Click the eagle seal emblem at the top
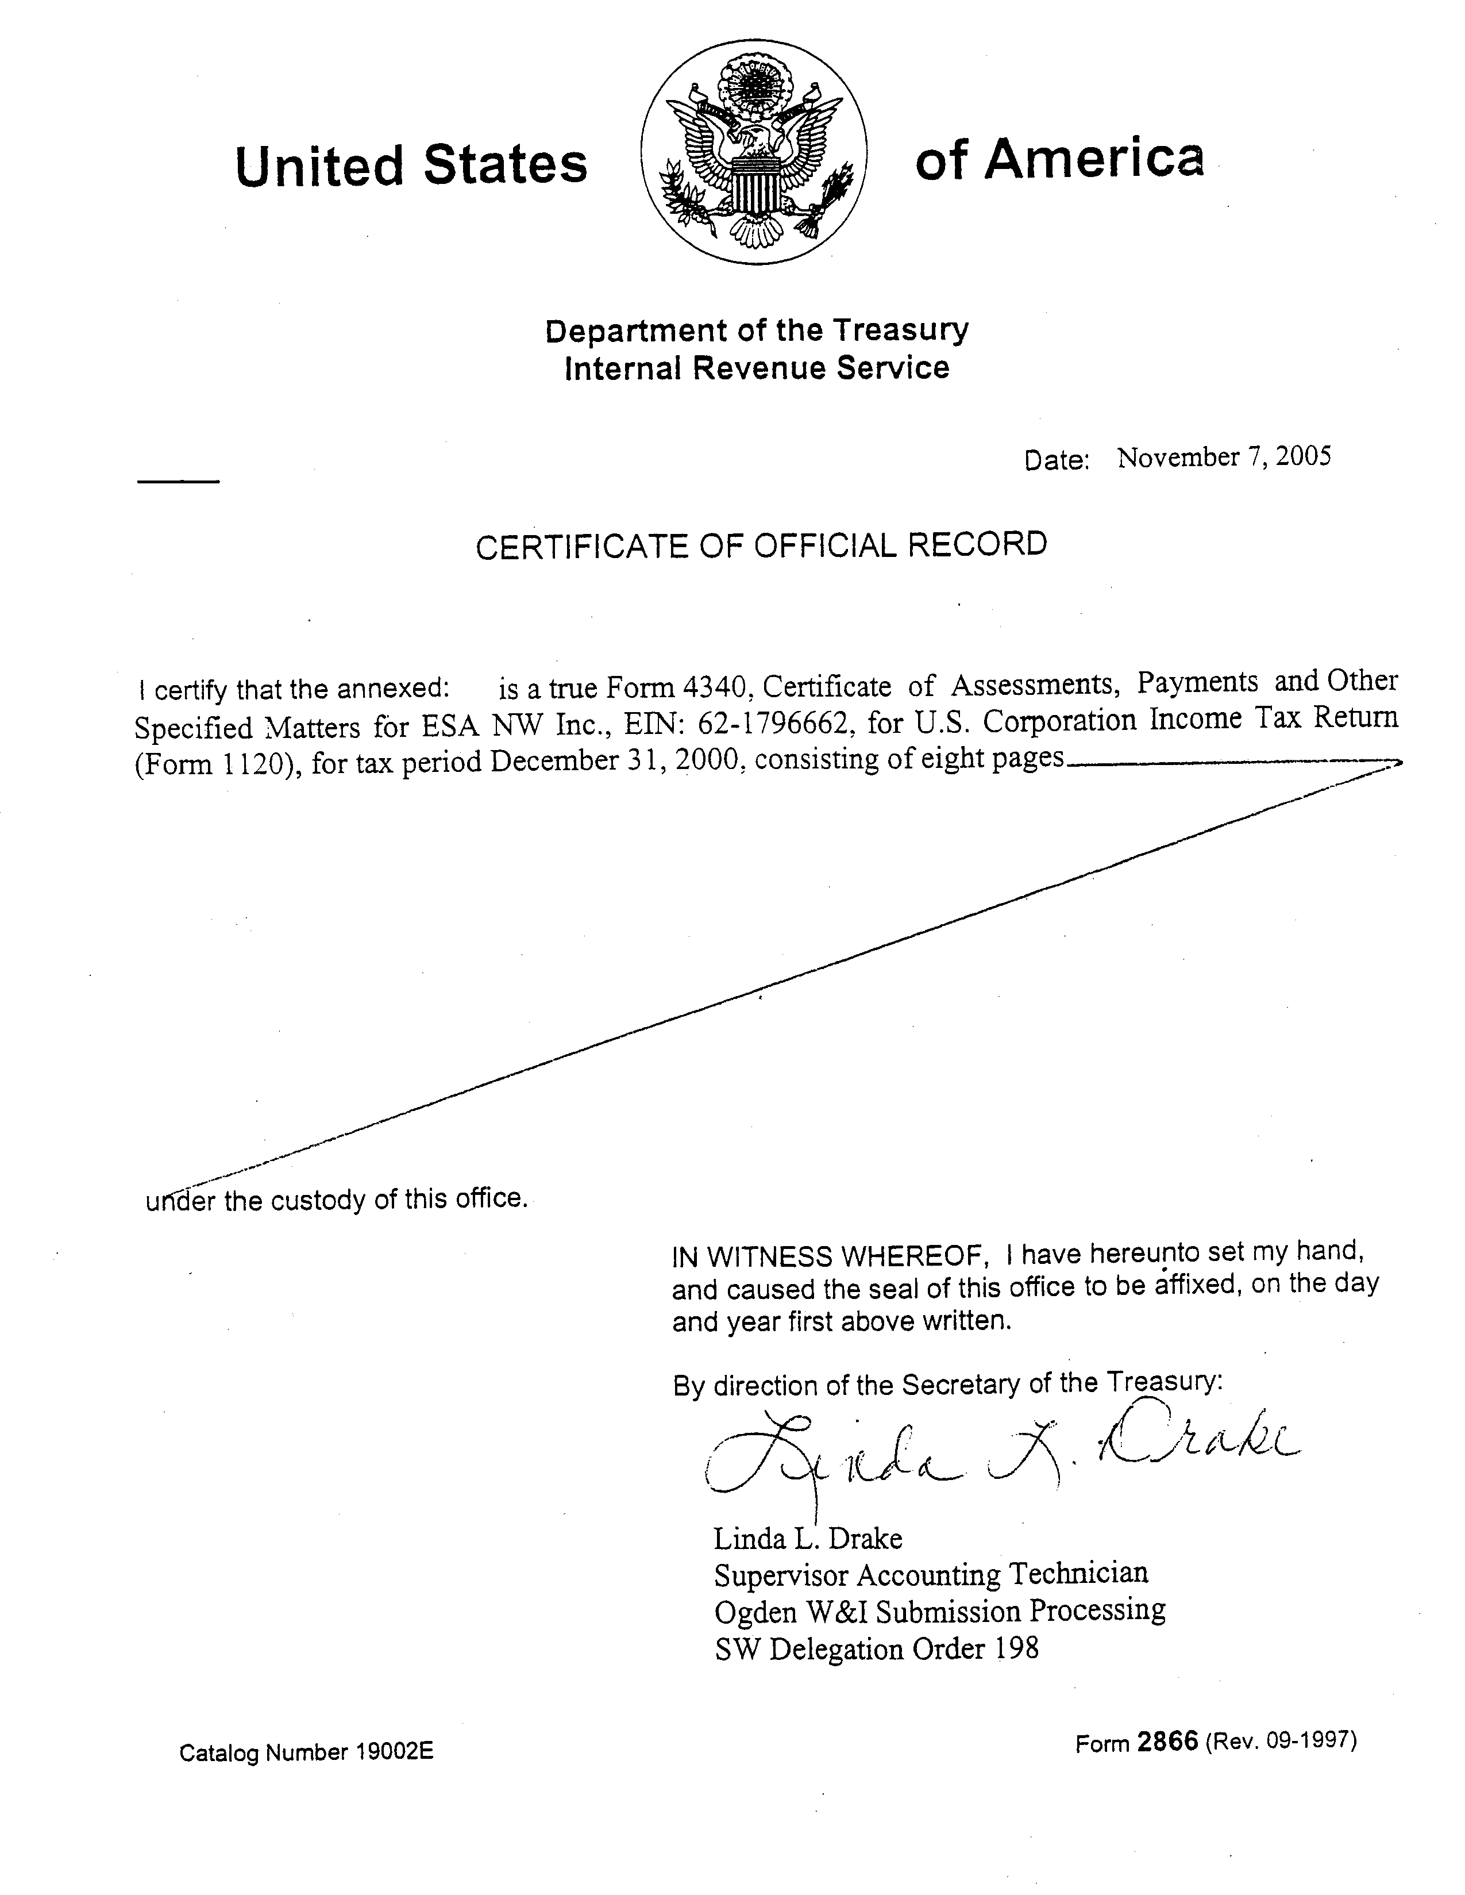(x=754, y=153)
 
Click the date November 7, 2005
(x=1223, y=458)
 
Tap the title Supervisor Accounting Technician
(x=931, y=1574)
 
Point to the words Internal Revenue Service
(x=757, y=368)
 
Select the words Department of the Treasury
(x=757, y=330)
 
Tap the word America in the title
(x=1094, y=160)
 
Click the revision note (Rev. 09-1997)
(x=1280, y=1740)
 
